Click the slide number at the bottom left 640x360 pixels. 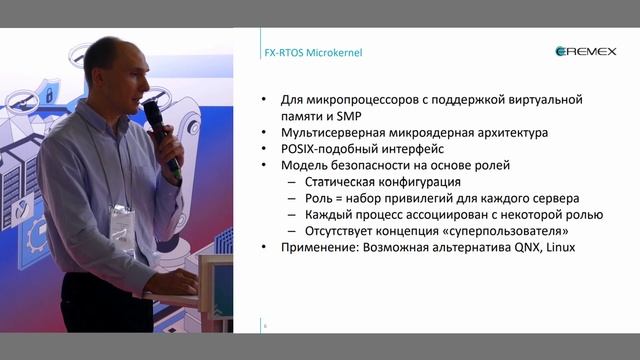(265, 326)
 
